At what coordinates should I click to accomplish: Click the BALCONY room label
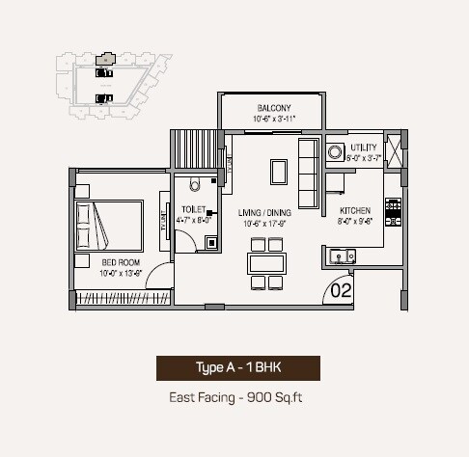275,107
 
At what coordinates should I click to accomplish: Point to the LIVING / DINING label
265,212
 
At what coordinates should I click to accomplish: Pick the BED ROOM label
122,261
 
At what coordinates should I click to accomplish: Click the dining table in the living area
265,263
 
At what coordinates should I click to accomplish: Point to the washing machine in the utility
336,151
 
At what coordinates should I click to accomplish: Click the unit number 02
341,287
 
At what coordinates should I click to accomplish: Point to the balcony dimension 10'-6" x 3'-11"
275,119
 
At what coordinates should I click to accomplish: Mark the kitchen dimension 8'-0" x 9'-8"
356,221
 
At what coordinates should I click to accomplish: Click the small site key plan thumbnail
106,82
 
